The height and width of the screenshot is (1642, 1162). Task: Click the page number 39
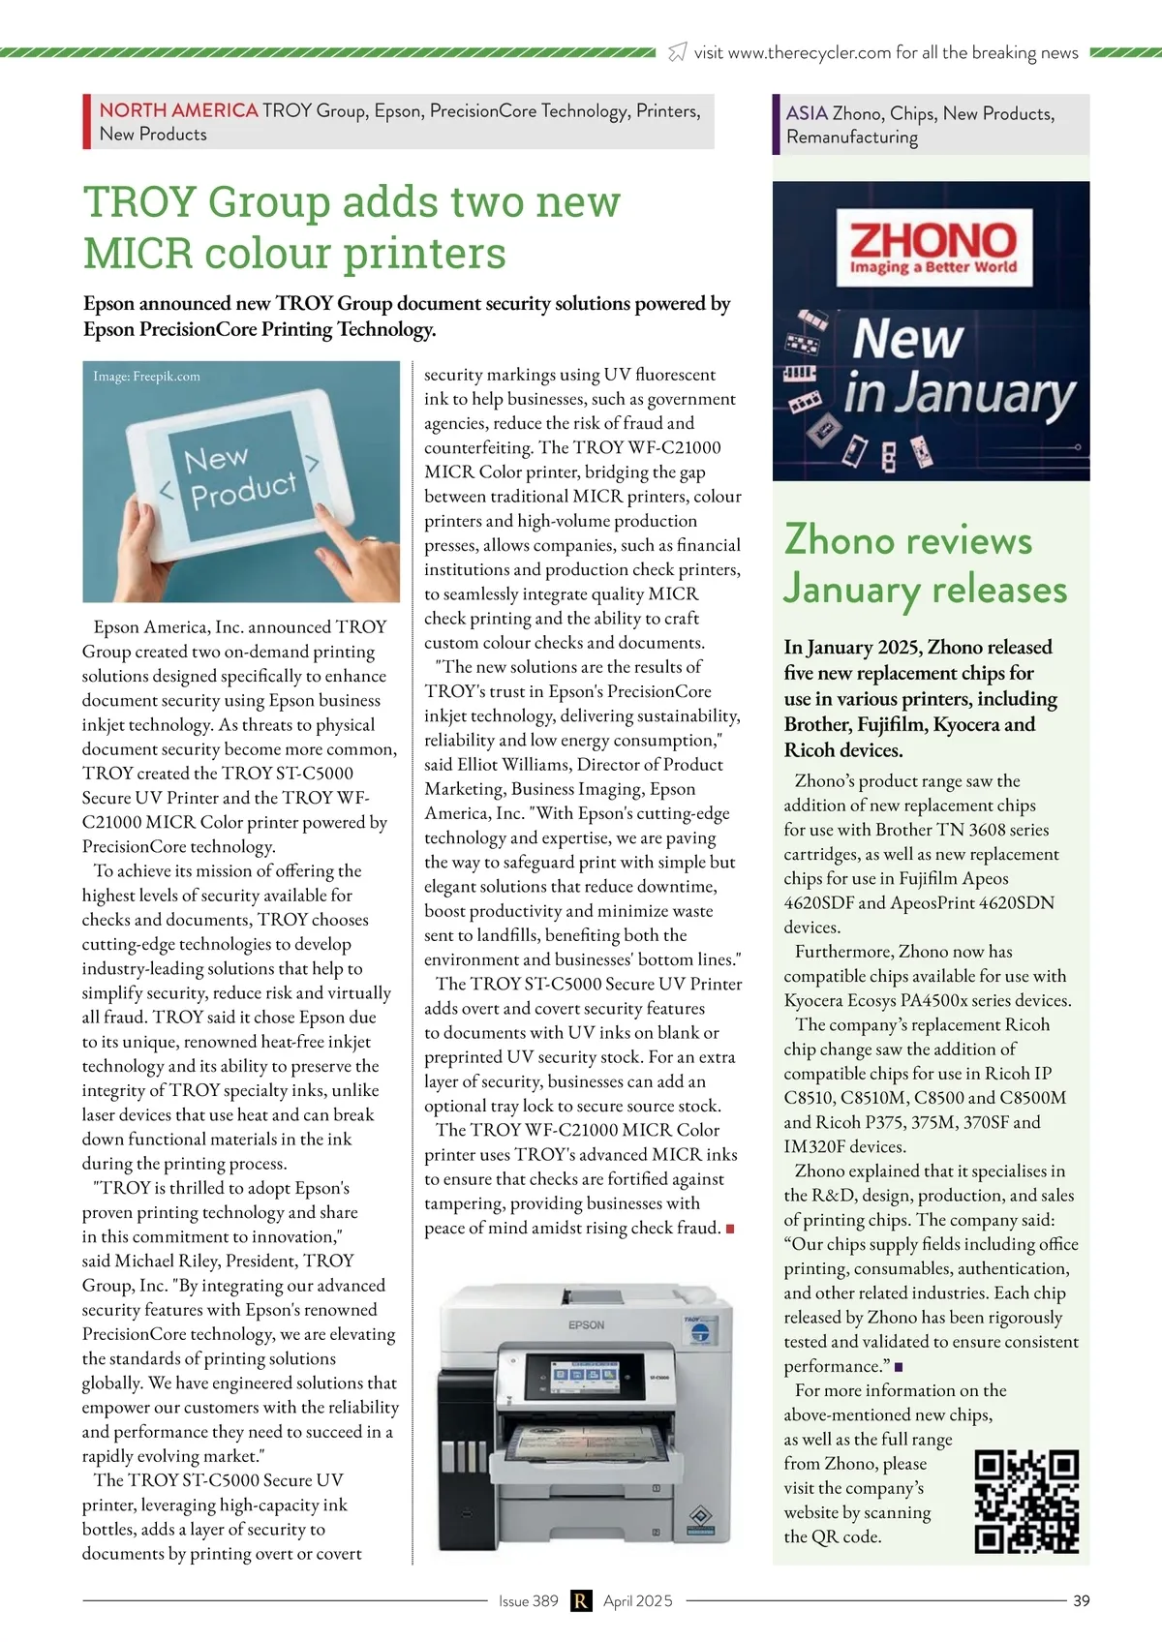1082,1600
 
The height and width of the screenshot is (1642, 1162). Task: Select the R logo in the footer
580,1600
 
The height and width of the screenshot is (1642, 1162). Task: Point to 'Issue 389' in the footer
528,1600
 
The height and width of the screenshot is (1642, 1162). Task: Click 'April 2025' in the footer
637,1600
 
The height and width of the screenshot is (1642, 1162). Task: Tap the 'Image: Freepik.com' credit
146,377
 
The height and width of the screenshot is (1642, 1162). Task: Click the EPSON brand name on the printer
586,1324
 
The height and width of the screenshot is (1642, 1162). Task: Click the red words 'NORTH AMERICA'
178,110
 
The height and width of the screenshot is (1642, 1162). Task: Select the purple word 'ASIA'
807,113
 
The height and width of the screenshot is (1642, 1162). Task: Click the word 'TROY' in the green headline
139,202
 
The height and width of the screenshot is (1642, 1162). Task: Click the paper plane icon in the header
678,52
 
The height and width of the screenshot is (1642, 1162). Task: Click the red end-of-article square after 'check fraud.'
730,1229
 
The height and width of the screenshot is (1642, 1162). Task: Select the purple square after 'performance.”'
899,1367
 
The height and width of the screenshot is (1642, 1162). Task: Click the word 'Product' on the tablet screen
243,490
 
